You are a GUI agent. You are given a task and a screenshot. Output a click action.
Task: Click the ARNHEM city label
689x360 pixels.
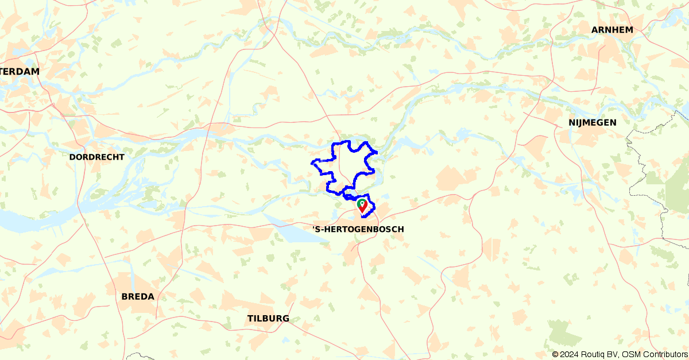coord(612,30)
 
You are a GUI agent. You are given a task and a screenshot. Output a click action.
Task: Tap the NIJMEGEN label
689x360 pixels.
coord(593,122)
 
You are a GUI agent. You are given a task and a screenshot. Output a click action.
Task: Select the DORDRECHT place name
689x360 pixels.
coord(96,157)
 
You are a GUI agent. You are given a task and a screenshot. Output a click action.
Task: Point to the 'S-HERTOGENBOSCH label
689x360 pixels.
coord(358,229)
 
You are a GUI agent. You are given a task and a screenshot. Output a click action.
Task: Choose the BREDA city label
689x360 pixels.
coord(138,297)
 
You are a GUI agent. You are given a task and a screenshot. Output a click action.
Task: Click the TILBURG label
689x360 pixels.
coord(268,319)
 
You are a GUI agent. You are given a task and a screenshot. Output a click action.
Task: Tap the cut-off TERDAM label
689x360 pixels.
coord(20,72)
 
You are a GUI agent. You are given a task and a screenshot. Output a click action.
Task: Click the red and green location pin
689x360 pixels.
coord(362,205)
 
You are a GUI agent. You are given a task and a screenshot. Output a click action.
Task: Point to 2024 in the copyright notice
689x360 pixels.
coord(570,354)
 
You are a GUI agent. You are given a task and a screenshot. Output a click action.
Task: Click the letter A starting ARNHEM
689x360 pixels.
coord(595,30)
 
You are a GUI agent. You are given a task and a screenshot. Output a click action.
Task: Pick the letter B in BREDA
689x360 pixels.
coord(125,297)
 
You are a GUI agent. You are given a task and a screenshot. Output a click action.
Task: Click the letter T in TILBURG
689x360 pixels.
coord(250,319)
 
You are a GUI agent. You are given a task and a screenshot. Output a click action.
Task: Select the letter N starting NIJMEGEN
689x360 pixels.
coord(572,122)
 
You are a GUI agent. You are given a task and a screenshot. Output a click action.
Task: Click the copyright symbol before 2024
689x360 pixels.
coord(555,354)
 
